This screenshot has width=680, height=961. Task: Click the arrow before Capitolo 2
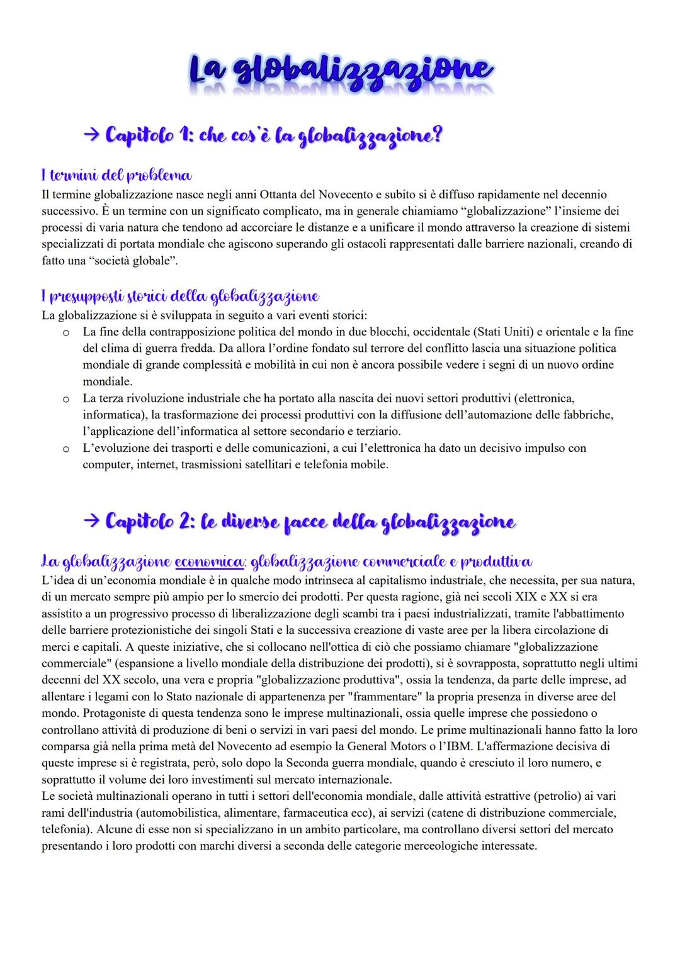click(x=93, y=521)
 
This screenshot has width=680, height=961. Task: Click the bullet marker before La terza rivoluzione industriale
click(x=65, y=398)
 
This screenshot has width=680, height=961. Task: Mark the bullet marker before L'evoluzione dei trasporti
click(x=65, y=449)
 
